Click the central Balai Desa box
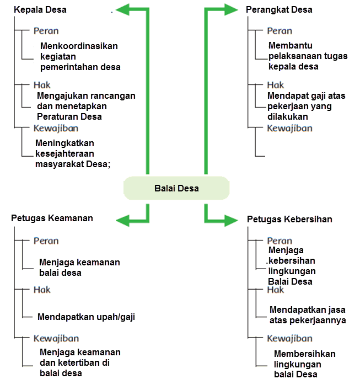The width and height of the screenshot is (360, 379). tap(176, 188)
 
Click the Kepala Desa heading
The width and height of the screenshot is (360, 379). tap(40, 10)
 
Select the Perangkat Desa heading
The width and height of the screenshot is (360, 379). tap(279, 10)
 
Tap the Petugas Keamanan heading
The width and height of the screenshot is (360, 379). tap(52, 218)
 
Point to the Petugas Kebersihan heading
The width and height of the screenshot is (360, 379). tap(289, 219)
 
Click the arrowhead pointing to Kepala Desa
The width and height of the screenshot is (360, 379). tap(123, 10)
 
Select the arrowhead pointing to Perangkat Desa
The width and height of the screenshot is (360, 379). tap(231, 10)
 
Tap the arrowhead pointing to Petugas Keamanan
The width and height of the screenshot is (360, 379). tap(123, 221)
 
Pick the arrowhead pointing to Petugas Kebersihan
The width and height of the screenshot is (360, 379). tap(231, 221)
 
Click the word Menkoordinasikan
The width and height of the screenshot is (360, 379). tap(79, 46)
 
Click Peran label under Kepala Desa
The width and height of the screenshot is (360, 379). tap(46, 31)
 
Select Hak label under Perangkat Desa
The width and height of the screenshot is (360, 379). tap(276, 85)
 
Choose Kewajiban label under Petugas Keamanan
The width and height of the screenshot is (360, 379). tap(56, 338)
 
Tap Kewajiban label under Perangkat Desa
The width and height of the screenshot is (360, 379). tap(289, 129)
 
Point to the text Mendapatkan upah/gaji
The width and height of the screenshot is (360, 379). tap(86, 317)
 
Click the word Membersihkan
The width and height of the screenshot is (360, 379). tap(305, 354)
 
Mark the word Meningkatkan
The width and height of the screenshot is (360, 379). tap(65, 143)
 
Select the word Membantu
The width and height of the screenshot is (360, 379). tap(291, 45)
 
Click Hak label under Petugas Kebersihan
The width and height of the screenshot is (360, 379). tap(276, 290)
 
